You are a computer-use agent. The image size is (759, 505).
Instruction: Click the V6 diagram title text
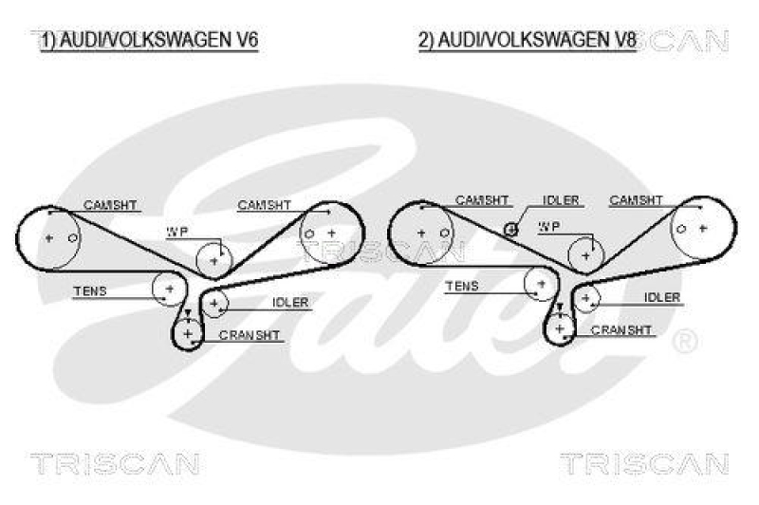(149, 40)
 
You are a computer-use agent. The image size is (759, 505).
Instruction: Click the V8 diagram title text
(526, 40)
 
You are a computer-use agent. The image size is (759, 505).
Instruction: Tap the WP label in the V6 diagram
(177, 232)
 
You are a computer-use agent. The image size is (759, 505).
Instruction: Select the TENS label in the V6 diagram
(90, 290)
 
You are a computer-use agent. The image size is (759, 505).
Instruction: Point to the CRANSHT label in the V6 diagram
(250, 336)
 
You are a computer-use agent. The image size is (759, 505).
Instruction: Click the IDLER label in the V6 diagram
(290, 303)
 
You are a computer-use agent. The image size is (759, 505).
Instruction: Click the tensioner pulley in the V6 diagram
(169, 287)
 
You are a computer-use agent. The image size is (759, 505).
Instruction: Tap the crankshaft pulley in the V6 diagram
(188, 334)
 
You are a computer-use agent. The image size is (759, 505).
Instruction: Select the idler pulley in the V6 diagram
(215, 304)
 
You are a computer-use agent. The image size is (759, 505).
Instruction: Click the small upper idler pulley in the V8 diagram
(510, 228)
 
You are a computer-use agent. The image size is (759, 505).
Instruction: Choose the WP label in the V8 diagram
(549, 227)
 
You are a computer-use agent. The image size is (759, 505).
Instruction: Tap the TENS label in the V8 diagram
(462, 286)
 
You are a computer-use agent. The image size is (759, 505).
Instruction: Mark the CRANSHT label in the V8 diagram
(621, 330)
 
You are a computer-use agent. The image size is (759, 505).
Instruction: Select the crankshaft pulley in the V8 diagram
(560, 328)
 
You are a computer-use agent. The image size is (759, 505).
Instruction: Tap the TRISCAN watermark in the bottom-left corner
(114, 463)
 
